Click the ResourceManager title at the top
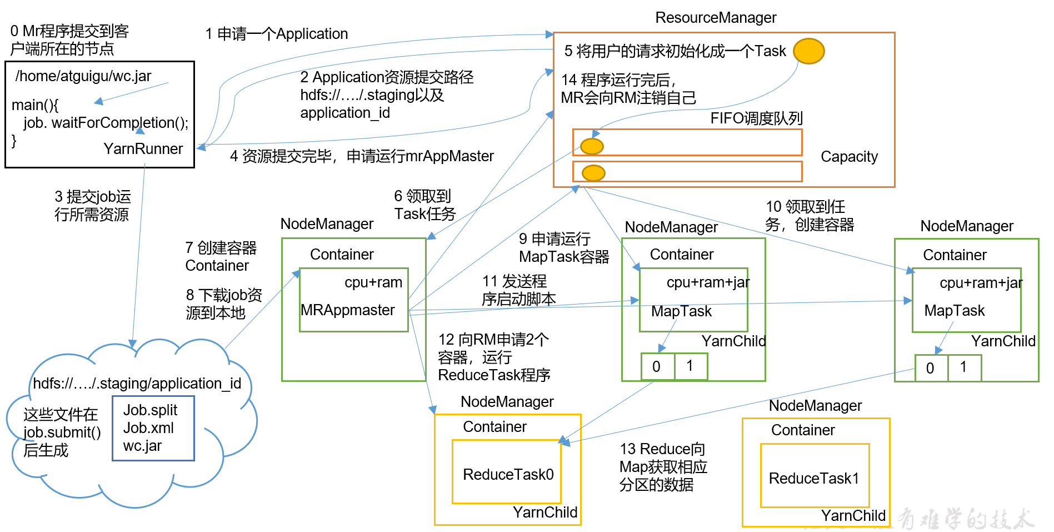tap(716, 18)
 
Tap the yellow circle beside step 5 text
tap(808, 51)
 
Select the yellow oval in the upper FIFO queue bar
tap(592, 146)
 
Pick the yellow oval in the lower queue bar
tap(593, 173)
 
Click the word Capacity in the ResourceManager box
tap(849, 157)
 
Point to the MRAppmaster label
tap(348, 310)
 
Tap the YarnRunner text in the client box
tap(143, 149)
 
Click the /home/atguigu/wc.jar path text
tap(83, 76)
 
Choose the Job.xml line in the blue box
tap(148, 428)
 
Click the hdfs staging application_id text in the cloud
tap(137, 384)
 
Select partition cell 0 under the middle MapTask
tap(657, 366)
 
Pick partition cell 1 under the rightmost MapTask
tap(963, 367)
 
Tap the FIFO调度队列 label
tap(756, 118)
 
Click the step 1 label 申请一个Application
tap(277, 34)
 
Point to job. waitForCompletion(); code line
tap(106, 123)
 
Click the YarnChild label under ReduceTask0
tap(545, 513)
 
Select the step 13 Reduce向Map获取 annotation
tap(663, 467)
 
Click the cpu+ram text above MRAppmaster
tap(373, 282)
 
